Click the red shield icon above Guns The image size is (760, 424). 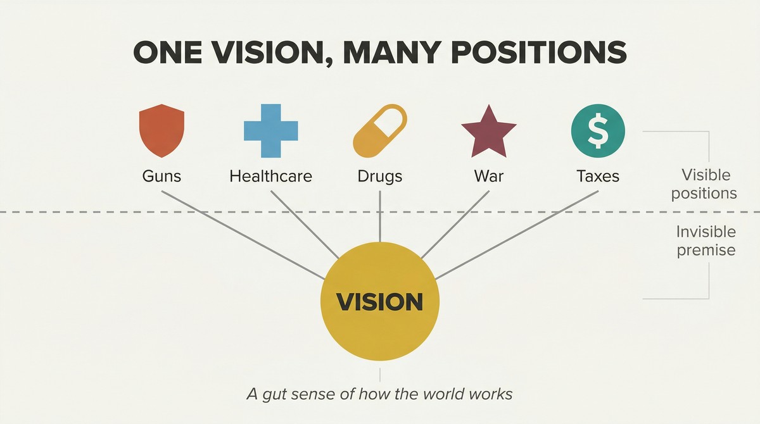pos(162,130)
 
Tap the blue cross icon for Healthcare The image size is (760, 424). pos(271,131)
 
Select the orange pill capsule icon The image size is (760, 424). pos(380,131)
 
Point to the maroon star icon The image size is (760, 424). pos(489,132)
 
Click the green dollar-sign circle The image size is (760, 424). pos(598,131)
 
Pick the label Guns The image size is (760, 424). pos(161,176)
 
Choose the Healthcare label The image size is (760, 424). pos(271,176)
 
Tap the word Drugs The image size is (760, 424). pos(380,177)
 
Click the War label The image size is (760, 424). pos(489,176)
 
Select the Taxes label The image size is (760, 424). pos(598,176)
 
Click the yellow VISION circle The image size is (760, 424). pos(380,301)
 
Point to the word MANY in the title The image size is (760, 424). pos(393,53)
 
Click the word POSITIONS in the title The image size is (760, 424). pos(539,53)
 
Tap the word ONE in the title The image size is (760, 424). pos(168,53)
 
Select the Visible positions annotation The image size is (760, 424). pos(704,184)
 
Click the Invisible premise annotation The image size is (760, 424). pos(706,241)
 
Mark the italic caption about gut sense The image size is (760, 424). pos(379,394)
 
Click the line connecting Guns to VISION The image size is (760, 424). pos(243,235)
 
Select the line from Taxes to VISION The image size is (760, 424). pos(517,235)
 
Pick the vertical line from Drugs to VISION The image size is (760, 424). pos(380,216)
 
